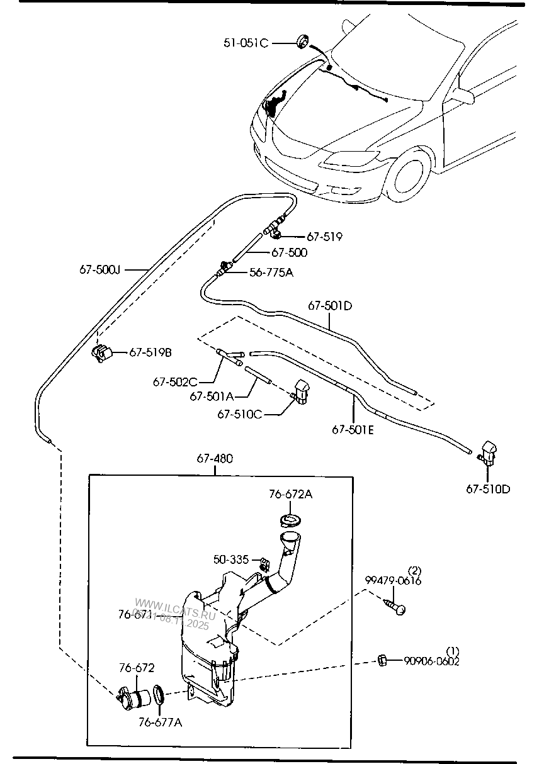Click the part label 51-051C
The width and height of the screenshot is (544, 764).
[x=246, y=43]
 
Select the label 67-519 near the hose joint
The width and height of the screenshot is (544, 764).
[x=324, y=237]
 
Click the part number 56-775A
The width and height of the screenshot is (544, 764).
[x=271, y=272]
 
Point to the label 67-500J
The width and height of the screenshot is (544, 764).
[x=99, y=269]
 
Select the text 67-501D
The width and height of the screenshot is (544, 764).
[x=329, y=306]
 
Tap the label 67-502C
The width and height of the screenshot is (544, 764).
[x=176, y=381]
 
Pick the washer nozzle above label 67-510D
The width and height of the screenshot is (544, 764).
[x=489, y=452]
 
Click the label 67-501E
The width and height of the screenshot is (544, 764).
[x=353, y=430]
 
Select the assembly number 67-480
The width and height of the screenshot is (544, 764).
[x=215, y=459]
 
